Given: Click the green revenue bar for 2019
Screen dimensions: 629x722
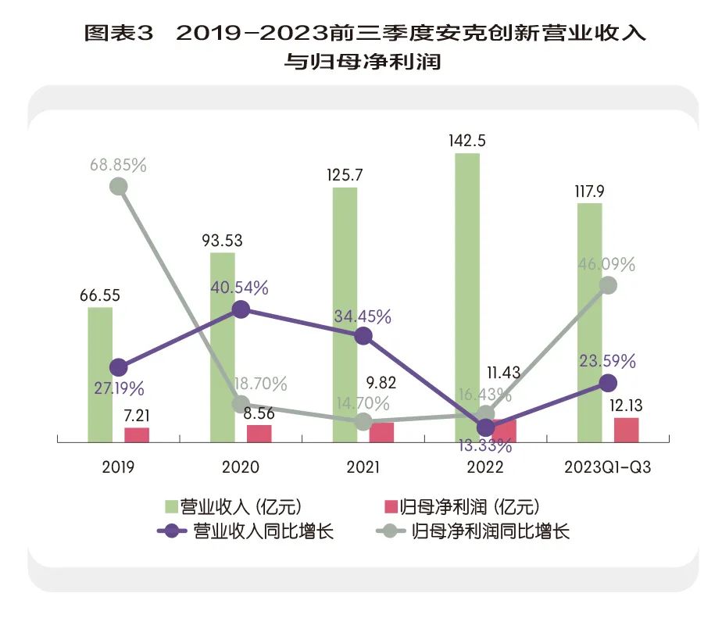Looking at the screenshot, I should [99, 375].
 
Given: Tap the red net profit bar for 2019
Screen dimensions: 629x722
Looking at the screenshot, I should [137, 435].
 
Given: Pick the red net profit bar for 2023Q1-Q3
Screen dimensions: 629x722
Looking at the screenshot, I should [626, 430].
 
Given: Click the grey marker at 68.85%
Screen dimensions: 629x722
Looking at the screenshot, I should [118, 186].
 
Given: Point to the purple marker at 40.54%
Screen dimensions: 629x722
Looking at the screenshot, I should [241, 309].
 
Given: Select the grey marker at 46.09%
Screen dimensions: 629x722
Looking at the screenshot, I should [608, 285].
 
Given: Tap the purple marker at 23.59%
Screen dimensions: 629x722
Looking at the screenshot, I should [608, 383].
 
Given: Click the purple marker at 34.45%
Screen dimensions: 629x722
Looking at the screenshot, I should [363, 336].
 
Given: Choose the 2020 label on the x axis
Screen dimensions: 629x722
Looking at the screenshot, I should [241, 467].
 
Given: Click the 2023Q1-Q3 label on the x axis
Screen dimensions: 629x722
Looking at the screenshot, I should [608, 467].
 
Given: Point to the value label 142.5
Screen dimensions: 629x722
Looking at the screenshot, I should [467, 141].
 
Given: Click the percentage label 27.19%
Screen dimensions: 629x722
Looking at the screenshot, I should [118, 388].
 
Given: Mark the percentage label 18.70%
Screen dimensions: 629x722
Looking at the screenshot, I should [262, 384].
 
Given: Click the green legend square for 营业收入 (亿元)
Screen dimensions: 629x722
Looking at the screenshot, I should [170, 507].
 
